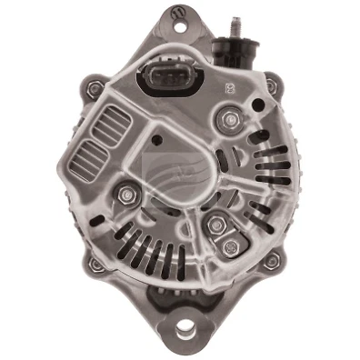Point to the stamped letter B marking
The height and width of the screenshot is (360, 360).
pyautogui.click(x=228, y=89)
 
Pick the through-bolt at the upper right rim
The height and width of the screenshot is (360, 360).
pyautogui.click(x=269, y=86)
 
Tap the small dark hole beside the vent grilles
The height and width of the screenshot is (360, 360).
pyautogui.click(x=156, y=139)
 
